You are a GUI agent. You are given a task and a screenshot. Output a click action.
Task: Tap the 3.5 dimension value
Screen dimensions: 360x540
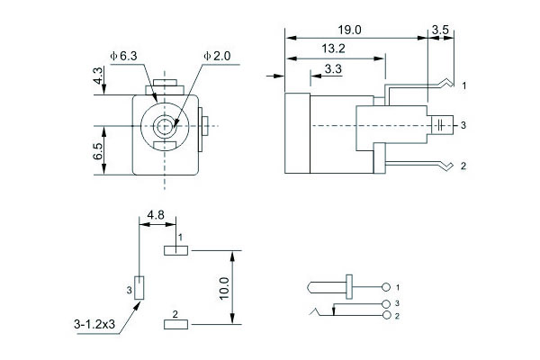441,30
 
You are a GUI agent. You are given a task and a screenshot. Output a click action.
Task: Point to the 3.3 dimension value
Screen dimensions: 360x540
333,68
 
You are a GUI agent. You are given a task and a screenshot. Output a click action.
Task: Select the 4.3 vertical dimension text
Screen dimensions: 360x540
98,78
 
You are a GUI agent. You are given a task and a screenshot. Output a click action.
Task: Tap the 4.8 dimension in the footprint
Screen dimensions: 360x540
155,215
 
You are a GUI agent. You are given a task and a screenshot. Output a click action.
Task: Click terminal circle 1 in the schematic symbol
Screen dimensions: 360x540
388,287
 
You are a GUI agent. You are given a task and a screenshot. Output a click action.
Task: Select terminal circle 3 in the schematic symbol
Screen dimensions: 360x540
388,304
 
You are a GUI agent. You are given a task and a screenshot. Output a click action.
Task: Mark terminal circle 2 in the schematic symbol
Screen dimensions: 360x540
388,316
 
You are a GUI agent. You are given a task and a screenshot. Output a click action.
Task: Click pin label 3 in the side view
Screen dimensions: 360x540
463,124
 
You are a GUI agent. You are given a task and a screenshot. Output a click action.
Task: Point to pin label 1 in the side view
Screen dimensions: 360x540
463,85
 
